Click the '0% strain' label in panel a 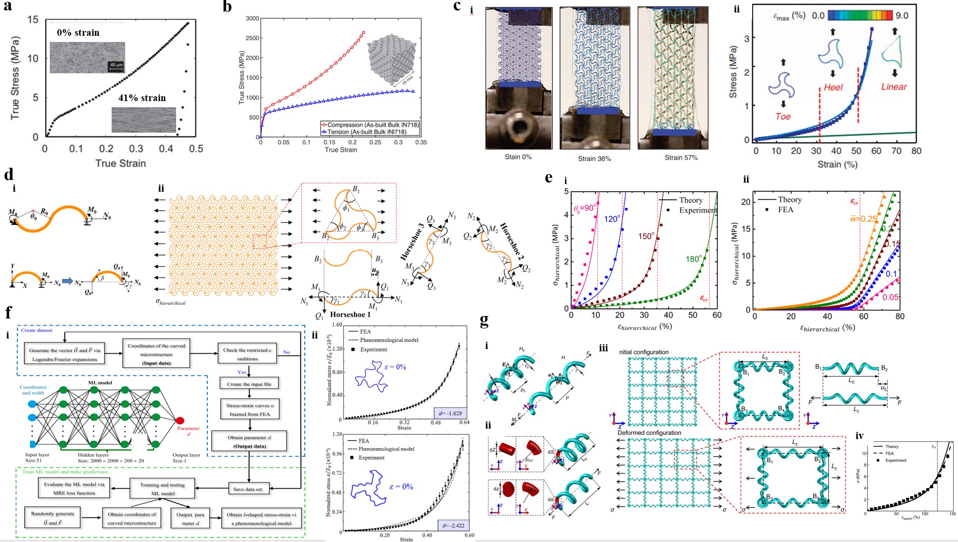coord(78,32)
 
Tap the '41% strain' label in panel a coord(142,98)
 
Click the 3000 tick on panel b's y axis coord(252,19)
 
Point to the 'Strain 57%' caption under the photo coord(681,157)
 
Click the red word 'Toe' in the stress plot coord(783,116)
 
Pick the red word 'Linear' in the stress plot coord(894,87)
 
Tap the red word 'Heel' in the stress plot coord(833,87)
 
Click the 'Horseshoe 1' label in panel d coord(350,315)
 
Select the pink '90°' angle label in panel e coord(585,208)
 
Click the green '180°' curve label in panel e coord(694,259)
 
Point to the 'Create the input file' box coord(249,384)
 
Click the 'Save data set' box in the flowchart coord(248,489)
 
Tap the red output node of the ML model coord(180,420)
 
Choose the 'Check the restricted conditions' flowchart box coord(247,354)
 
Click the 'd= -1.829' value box coord(450,413)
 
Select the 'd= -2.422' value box coord(453,525)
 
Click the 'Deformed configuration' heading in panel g coord(649,433)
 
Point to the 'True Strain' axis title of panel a coord(121,163)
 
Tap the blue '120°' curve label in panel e coord(613,219)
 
